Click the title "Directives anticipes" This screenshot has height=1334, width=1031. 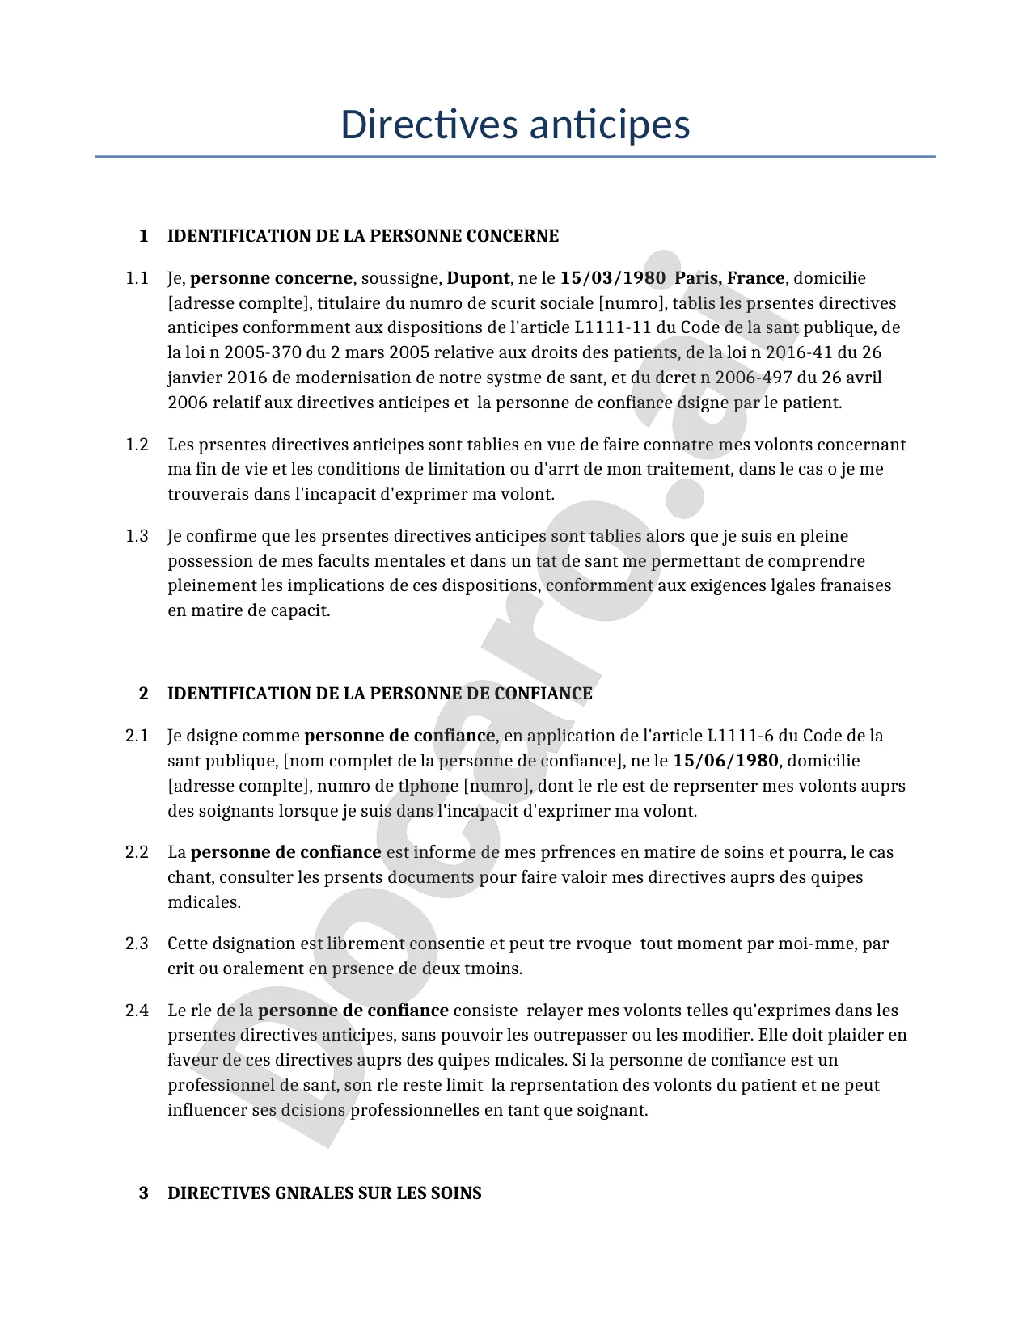point(515,125)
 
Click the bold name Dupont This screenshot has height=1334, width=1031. point(478,278)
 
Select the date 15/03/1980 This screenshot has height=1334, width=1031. point(612,278)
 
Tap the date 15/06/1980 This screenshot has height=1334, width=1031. point(725,761)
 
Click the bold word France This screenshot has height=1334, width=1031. point(755,278)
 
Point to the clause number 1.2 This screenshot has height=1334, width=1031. point(137,445)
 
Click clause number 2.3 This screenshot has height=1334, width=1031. point(137,944)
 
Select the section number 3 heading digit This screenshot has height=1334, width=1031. point(144,1193)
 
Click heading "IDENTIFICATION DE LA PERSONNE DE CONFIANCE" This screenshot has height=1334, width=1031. point(379,694)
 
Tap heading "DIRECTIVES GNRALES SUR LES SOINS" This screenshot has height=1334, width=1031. point(324,1193)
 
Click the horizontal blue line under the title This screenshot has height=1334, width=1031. point(515,156)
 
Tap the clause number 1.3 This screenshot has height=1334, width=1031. point(137,536)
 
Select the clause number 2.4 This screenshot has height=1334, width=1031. point(137,1011)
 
